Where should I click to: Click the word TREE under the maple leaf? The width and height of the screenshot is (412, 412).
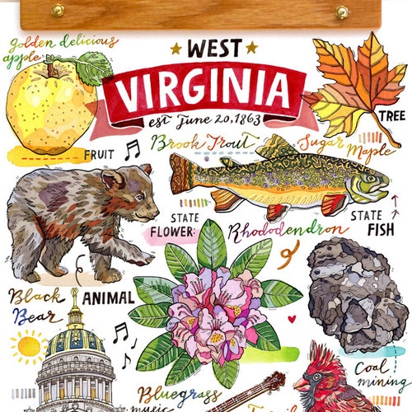(x=390, y=115)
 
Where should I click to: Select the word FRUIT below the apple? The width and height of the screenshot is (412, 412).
(x=99, y=153)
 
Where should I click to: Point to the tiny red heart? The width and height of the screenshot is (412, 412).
(x=291, y=318)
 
